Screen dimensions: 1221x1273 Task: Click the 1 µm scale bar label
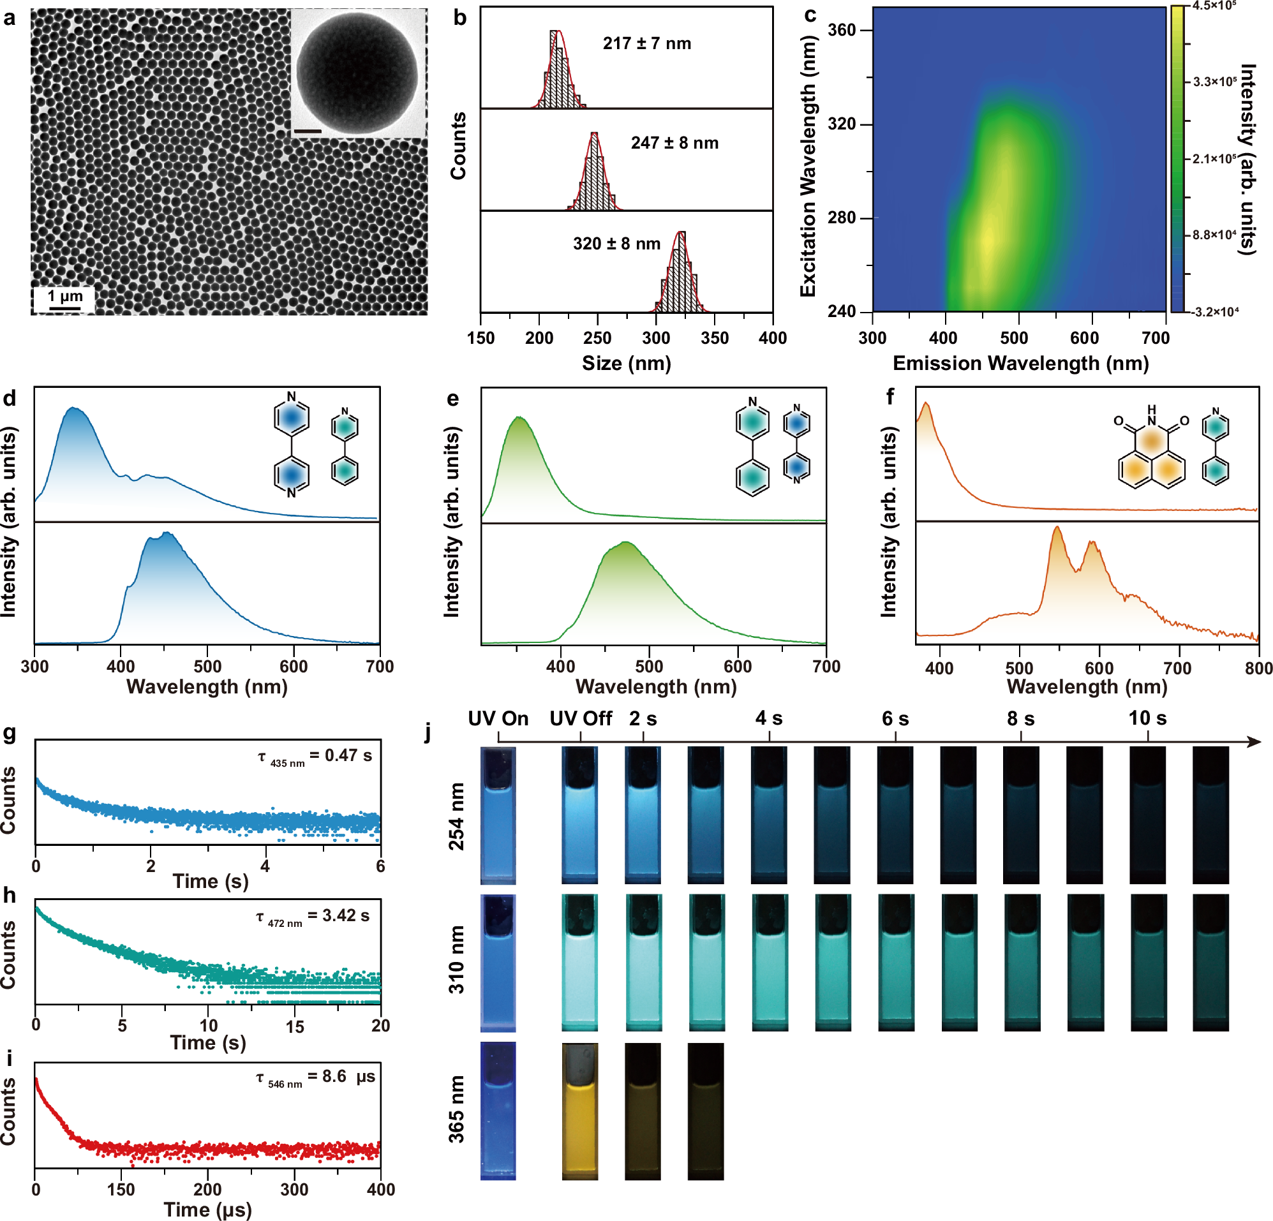click(65, 296)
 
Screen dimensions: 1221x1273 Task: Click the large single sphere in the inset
click(357, 71)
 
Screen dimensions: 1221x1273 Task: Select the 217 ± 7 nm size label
click(646, 43)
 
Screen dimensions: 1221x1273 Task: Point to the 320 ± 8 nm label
click(616, 244)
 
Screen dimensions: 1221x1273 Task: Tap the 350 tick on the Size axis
click(715, 337)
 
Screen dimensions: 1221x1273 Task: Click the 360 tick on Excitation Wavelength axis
click(842, 31)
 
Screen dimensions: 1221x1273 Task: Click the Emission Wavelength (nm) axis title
click(1020, 363)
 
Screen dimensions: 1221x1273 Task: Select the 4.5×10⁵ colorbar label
click(1213, 5)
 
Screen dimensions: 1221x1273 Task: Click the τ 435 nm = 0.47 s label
click(315, 756)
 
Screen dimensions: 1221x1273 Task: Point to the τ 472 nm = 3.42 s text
click(313, 917)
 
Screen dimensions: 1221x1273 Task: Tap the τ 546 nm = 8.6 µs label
click(315, 1077)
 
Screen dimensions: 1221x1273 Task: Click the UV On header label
click(498, 718)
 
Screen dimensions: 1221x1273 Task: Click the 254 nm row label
click(457, 816)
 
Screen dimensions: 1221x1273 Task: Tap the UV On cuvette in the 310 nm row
click(498, 963)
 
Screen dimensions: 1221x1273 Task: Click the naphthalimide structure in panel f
click(1151, 452)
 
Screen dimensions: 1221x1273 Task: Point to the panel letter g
click(10, 732)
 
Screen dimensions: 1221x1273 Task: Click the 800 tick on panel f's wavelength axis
click(1258, 668)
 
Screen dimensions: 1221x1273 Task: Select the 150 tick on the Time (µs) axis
click(121, 1189)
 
